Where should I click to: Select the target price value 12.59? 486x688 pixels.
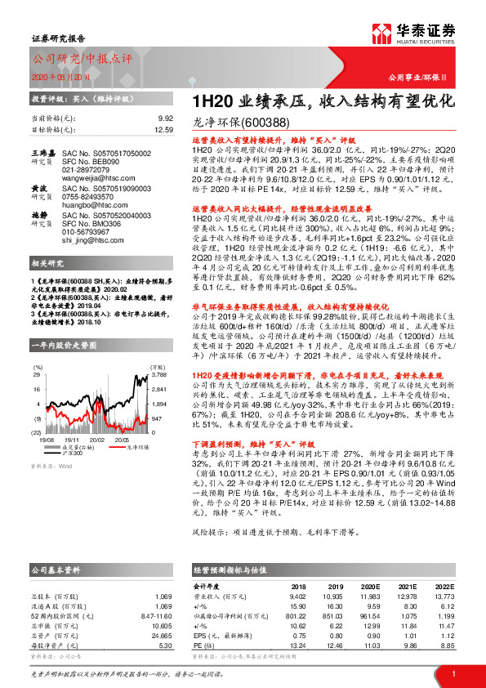pos(164,129)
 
